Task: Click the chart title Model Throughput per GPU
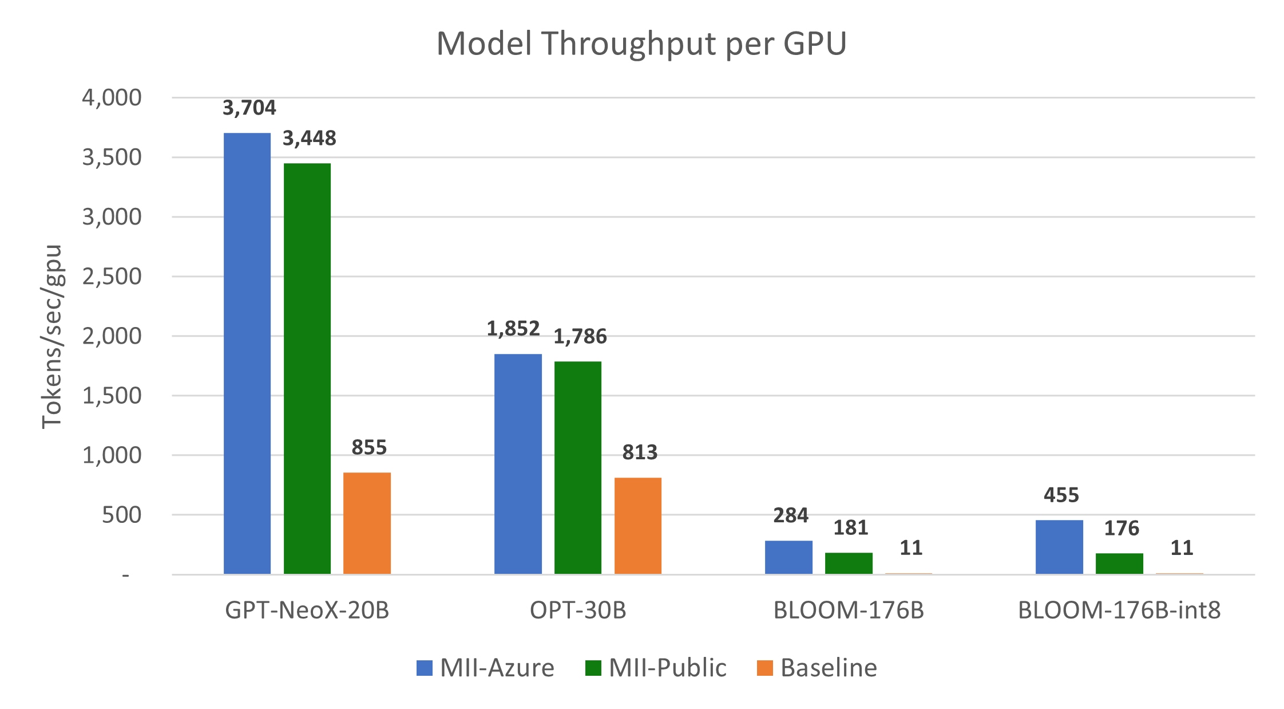tap(641, 44)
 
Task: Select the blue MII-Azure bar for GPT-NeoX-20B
tap(247, 353)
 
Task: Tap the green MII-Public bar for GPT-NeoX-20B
tap(307, 368)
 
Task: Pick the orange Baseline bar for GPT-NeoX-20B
tap(367, 523)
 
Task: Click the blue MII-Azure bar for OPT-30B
tap(518, 464)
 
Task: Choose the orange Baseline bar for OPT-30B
tap(638, 525)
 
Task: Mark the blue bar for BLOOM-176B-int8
tap(1060, 546)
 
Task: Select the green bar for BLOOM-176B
tap(849, 563)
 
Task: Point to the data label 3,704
tap(249, 108)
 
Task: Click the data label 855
tap(369, 447)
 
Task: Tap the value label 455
tap(1061, 495)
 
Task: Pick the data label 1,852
tap(513, 328)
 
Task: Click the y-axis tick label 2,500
tap(112, 277)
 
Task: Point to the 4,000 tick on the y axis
tap(112, 98)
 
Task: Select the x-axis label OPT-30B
tap(578, 610)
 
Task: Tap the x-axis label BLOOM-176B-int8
tap(1119, 610)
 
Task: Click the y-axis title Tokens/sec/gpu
tap(52, 336)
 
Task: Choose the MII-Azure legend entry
tap(486, 668)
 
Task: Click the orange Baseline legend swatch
tap(764, 668)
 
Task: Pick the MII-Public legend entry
tap(656, 668)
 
